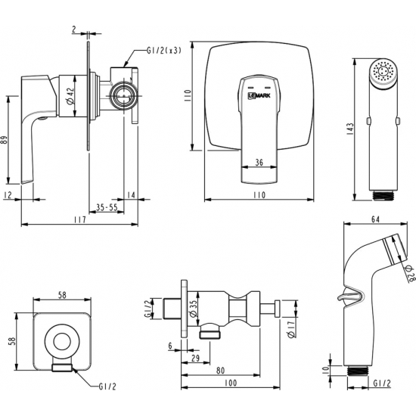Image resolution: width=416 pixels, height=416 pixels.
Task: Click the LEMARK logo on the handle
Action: tap(259, 95)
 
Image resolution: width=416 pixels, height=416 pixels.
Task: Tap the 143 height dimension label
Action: tap(350, 129)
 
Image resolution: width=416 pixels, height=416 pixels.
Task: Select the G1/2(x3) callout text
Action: tap(164, 51)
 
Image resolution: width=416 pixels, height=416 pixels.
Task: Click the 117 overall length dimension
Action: tap(80, 219)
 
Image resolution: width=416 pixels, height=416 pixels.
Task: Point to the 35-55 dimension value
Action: tap(107, 207)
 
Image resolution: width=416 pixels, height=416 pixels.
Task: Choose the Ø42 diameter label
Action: tap(70, 96)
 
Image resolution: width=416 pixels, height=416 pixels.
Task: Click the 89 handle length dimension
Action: tap(4, 140)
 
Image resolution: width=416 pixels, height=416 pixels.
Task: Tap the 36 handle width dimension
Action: tap(259, 163)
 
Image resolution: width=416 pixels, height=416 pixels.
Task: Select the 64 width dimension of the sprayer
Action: tap(375, 219)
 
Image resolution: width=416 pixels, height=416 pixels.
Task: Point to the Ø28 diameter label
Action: tap(409, 274)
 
